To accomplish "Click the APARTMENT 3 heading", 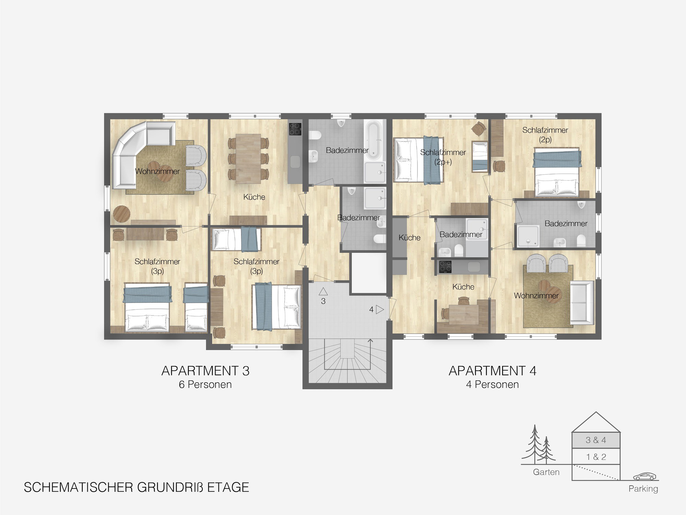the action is coord(205,371).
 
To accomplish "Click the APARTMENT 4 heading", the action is coord(493,371).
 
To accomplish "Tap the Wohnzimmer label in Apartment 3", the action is coord(157,171).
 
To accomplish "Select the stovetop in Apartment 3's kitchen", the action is coord(295,129).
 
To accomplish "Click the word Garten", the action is coord(546,472).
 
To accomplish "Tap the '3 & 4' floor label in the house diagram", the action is coord(596,440).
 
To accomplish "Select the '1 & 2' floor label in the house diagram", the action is coord(596,457).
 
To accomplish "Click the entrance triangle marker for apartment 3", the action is coord(323,292).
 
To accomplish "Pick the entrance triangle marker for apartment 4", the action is coord(380,310).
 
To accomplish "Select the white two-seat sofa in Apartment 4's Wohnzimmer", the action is coord(582,302).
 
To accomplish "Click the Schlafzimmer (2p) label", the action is coord(545,135).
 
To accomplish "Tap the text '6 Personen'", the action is coord(205,385).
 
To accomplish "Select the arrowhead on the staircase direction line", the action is coord(370,341).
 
